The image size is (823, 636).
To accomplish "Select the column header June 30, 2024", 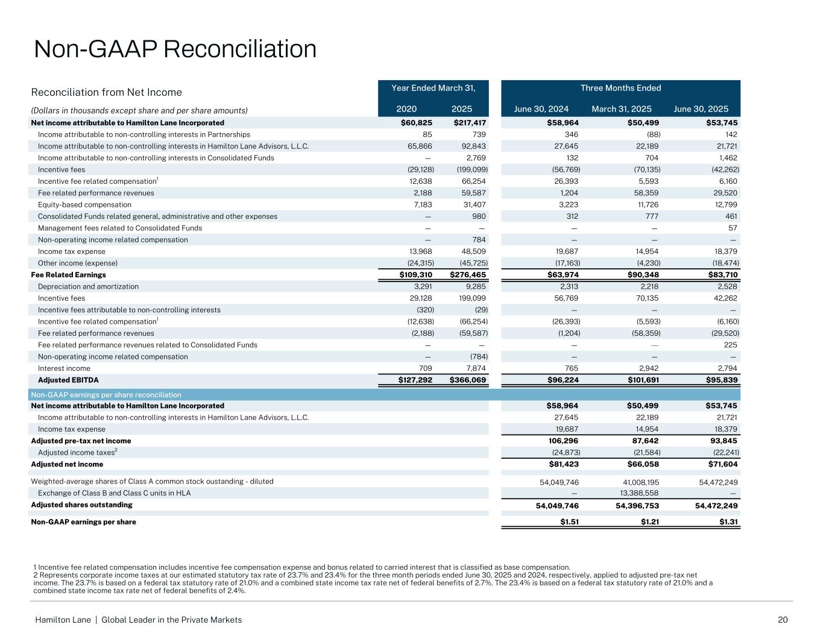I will [541, 109].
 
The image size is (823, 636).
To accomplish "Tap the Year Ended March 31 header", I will [434, 88].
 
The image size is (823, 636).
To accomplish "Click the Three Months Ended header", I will [620, 88].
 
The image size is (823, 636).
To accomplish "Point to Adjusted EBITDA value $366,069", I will [468, 380].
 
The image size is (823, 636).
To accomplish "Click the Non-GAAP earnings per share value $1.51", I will [569, 522].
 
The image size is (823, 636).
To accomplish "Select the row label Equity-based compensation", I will [84, 205].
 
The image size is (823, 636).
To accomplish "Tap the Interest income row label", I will [64, 368].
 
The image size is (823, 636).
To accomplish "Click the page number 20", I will [783, 620].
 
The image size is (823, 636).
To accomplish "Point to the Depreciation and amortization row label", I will [88, 287].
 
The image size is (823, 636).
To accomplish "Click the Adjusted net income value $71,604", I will [722, 464].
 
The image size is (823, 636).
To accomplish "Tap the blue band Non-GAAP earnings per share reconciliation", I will [106, 395].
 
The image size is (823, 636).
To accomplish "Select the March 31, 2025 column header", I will [622, 109].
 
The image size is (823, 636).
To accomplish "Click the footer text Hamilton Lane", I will [63, 620].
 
